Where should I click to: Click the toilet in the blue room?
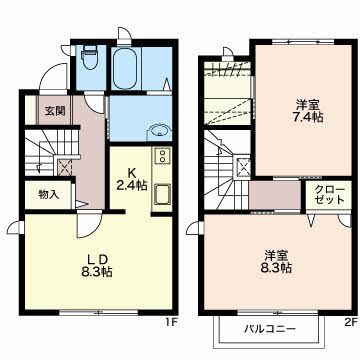(89, 57)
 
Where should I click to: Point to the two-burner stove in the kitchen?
(163, 156)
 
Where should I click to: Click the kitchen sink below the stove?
(163, 194)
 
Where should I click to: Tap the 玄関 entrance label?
(55, 111)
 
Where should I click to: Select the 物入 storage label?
(49, 194)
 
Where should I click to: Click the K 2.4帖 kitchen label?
(131, 179)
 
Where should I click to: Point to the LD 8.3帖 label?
(96, 266)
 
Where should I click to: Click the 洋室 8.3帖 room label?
(276, 262)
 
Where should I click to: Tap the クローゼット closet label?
(329, 195)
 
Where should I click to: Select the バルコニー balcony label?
(270, 329)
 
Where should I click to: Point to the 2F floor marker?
(350, 322)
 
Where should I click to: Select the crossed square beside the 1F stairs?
(64, 168)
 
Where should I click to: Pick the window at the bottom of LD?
(99, 313)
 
